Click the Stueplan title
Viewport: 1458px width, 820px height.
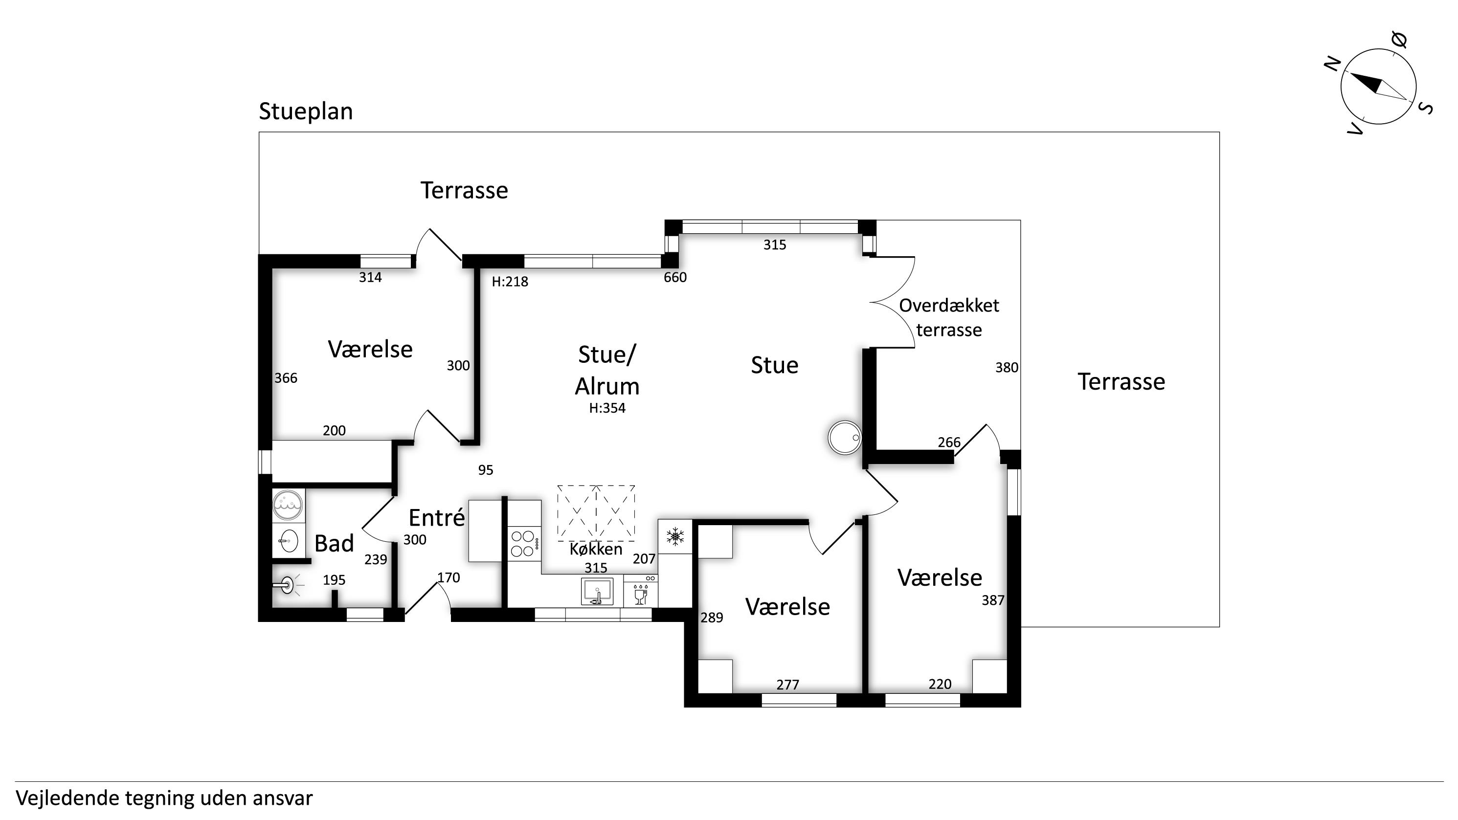pyautogui.click(x=306, y=111)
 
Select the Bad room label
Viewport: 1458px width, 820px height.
pyautogui.click(x=334, y=543)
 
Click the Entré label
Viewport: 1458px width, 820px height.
pyautogui.click(x=436, y=518)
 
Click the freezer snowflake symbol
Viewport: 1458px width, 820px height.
pyautogui.click(x=674, y=536)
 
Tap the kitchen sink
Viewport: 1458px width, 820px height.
pyautogui.click(x=597, y=591)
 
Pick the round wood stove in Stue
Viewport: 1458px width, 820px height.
pyautogui.click(x=845, y=438)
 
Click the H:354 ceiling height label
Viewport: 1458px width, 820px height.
pyautogui.click(x=607, y=408)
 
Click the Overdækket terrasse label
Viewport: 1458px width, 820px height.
pyautogui.click(x=949, y=317)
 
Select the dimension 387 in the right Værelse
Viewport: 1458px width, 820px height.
pyautogui.click(x=993, y=600)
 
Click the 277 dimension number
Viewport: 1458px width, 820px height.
pyautogui.click(x=787, y=685)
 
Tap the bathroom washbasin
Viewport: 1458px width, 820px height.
pyautogui.click(x=289, y=541)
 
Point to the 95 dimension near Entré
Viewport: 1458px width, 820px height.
pyautogui.click(x=485, y=470)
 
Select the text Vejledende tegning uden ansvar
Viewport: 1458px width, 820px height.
pyautogui.click(x=164, y=798)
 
